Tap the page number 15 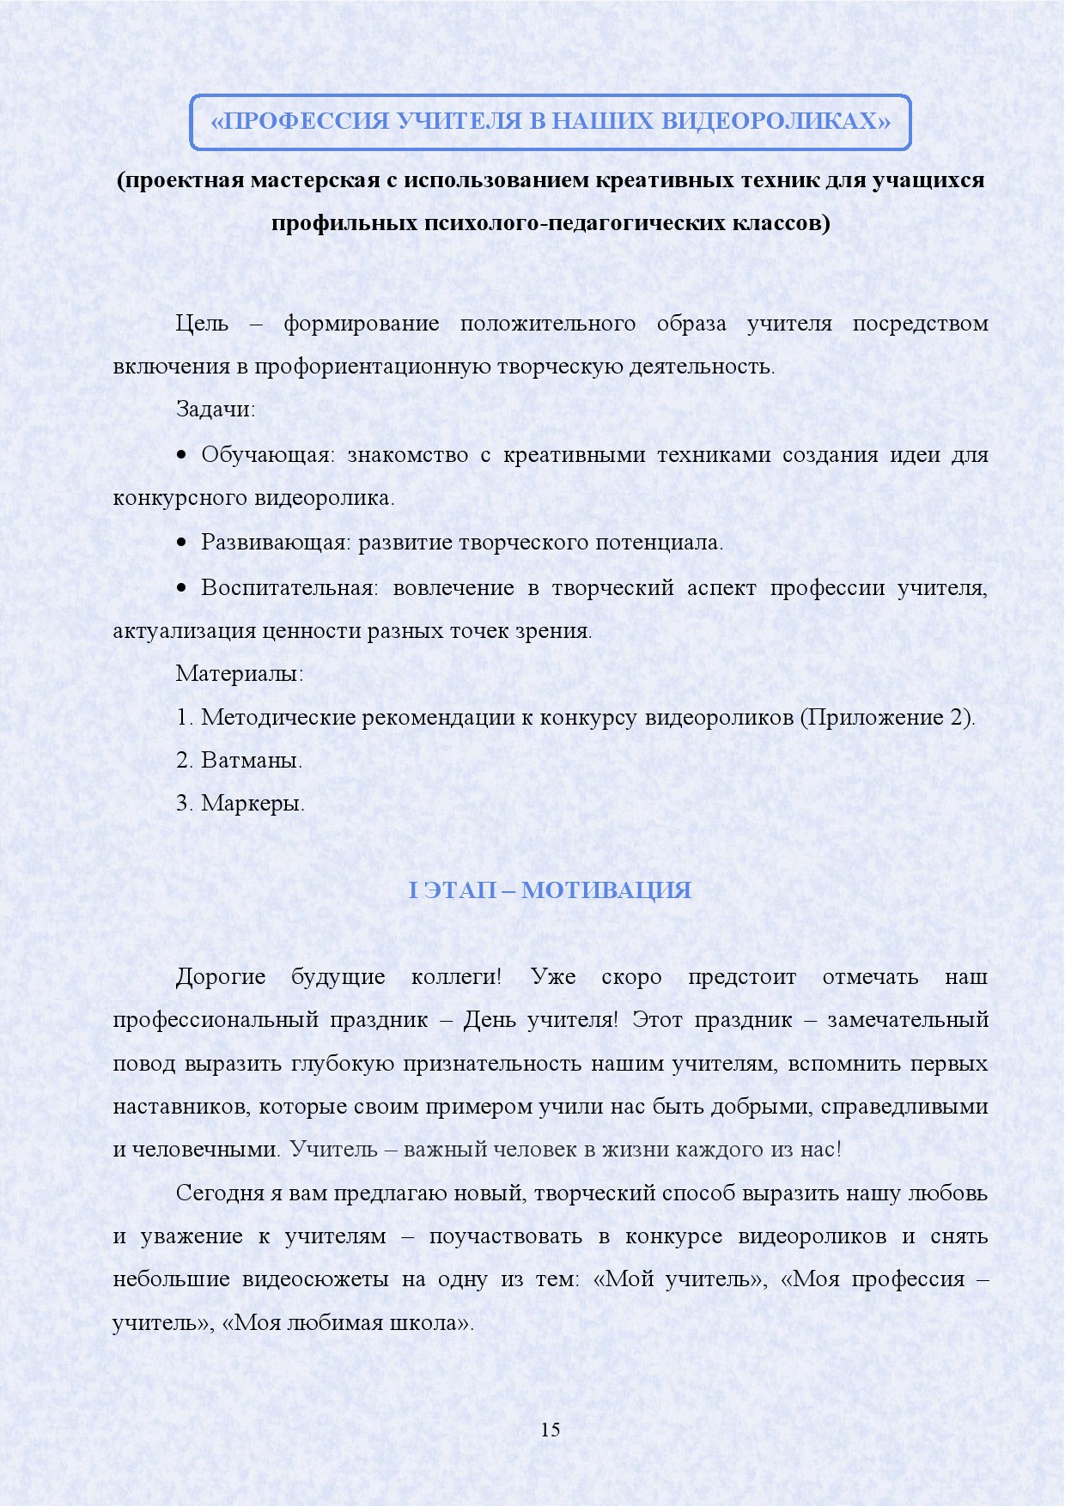coord(551,1430)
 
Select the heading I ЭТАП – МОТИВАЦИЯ coord(550,890)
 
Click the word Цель coord(202,324)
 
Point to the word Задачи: coord(216,409)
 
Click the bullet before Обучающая coord(181,455)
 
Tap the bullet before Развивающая coord(181,543)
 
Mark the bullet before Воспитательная coord(181,588)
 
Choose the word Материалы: coord(240,673)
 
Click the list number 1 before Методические coord(184,717)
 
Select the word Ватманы coord(252,761)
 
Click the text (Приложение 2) coord(887,717)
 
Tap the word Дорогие coord(221,977)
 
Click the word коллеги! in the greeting coord(456,977)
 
